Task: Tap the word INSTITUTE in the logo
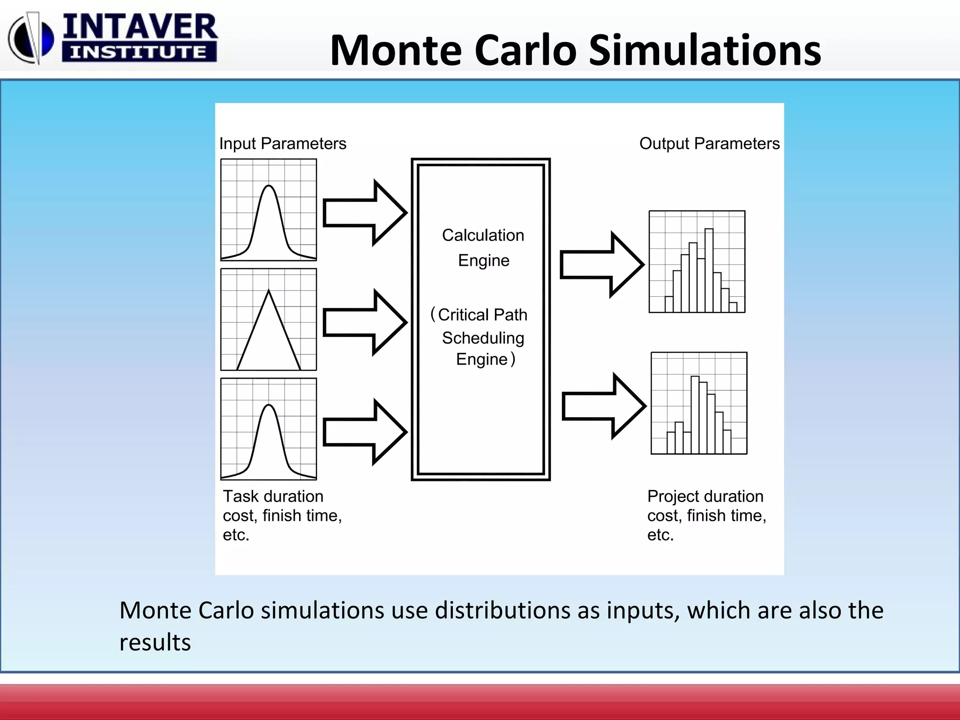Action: click(139, 52)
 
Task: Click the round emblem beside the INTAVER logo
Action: click(31, 39)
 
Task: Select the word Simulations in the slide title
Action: click(705, 50)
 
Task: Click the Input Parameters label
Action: click(283, 143)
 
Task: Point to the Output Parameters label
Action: click(709, 143)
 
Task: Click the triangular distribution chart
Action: click(269, 320)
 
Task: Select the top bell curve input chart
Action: click(269, 210)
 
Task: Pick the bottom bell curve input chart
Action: click(269, 429)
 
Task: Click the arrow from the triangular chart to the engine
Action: click(365, 322)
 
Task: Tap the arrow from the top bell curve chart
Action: click(365, 213)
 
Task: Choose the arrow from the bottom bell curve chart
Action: click(365, 432)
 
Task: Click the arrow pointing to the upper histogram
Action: click(602, 264)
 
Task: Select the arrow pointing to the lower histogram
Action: click(604, 406)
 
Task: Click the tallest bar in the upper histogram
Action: click(709, 270)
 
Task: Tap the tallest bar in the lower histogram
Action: click(695, 415)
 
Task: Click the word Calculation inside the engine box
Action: click(483, 235)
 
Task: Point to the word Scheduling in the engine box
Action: click(483, 338)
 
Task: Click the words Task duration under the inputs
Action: click(273, 496)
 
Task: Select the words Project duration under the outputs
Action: click(705, 496)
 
